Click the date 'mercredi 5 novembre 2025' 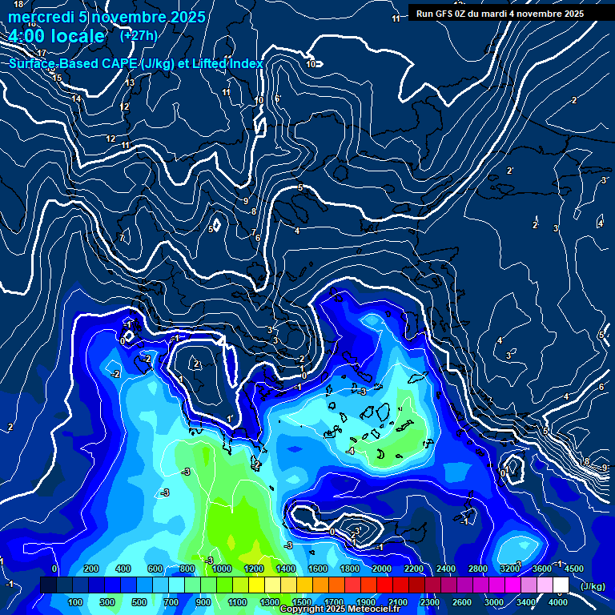pyautogui.click(x=107, y=17)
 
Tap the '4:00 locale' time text pyautogui.click(x=57, y=36)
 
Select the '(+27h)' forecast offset pyautogui.click(x=139, y=35)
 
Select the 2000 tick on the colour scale pyautogui.click(x=382, y=569)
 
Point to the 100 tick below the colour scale pyautogui.click(x=75, y=602)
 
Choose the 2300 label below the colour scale pyautogui.click(x=430, y=602)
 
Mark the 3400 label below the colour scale pyautogui.click(x=526, y=602)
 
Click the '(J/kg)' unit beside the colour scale pyautogui.click(x=592, y=587)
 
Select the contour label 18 pyautogui.click(x=18, y=4)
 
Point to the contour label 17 pyautogui.click(x=42, y=53)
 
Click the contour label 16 pyautogui.click(x=49, y=70)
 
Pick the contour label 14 pyautogui.click(x=76, y=98)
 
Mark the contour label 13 pyautogui.click(x=131, y=82)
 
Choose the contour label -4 pyautogui.click(x=350, y=452)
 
